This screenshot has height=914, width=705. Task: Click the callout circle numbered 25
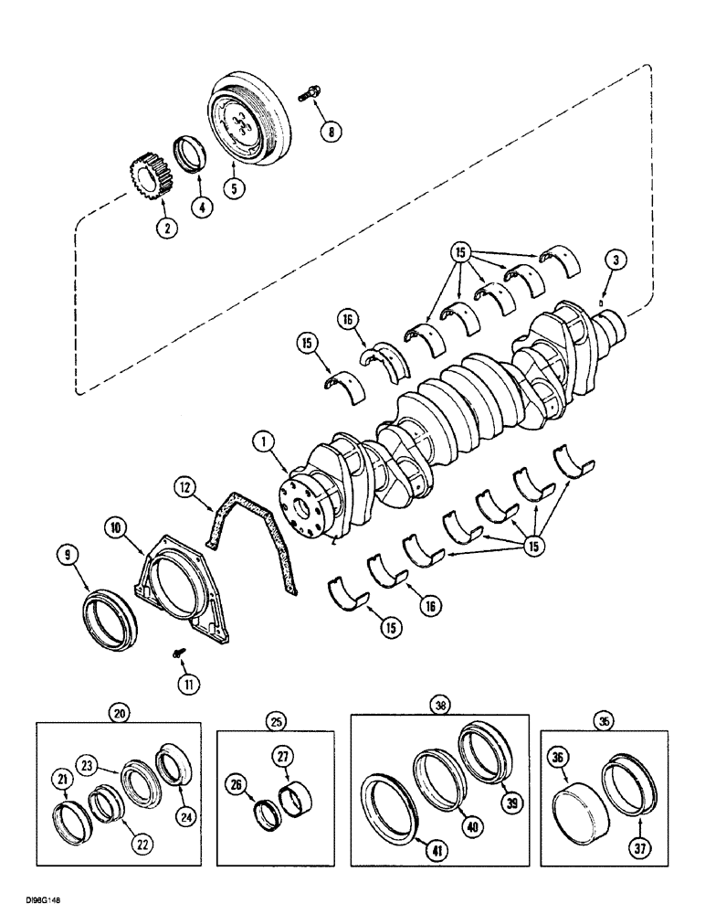click(274, 723)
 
